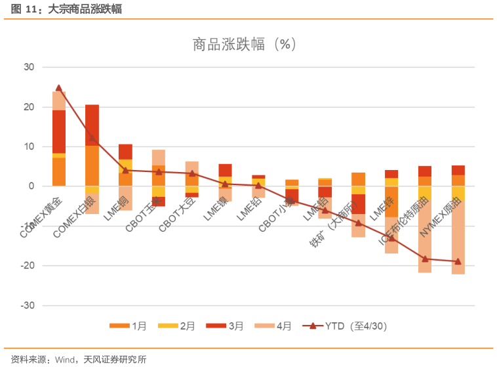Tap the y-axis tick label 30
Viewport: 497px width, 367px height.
click(28, 67)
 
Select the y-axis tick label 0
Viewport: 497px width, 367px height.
click(31, 186)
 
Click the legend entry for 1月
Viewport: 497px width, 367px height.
click(130, 326)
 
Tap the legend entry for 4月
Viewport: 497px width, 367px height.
click(274, 326)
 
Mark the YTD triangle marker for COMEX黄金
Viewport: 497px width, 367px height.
click(59, 87)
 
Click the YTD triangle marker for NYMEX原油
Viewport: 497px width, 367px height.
click(458, 261)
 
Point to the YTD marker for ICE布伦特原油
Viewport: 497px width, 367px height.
click(425, 259)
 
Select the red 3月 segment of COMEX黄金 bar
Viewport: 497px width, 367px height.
click(59, 131)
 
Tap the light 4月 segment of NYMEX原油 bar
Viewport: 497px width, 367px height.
click(458, 230)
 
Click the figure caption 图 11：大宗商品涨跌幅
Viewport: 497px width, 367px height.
click(66, 9)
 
